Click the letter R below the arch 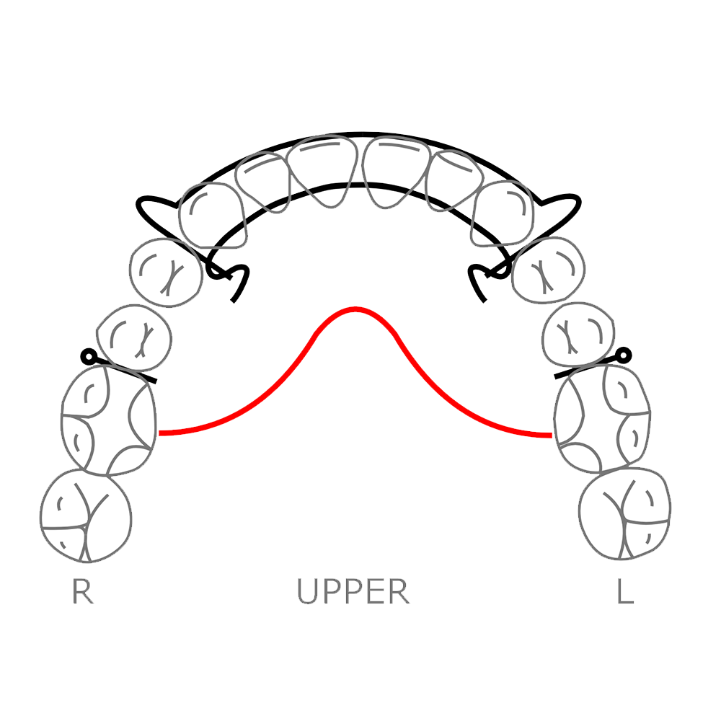(x=83, y=592)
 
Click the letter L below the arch (x=625, y=592)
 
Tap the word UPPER (x=353, y=592)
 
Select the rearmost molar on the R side (x=86, y=516)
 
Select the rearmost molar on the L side (x=626, y=514)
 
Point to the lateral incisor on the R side (x=265, y=182)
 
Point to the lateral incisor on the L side (x=454, y=182)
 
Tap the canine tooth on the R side (x=211, y=213)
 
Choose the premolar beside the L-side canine (x=549, y=269)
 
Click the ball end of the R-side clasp (x=88, y=355)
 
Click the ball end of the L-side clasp (x=624, y=354)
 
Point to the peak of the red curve (x=355, y=309)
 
